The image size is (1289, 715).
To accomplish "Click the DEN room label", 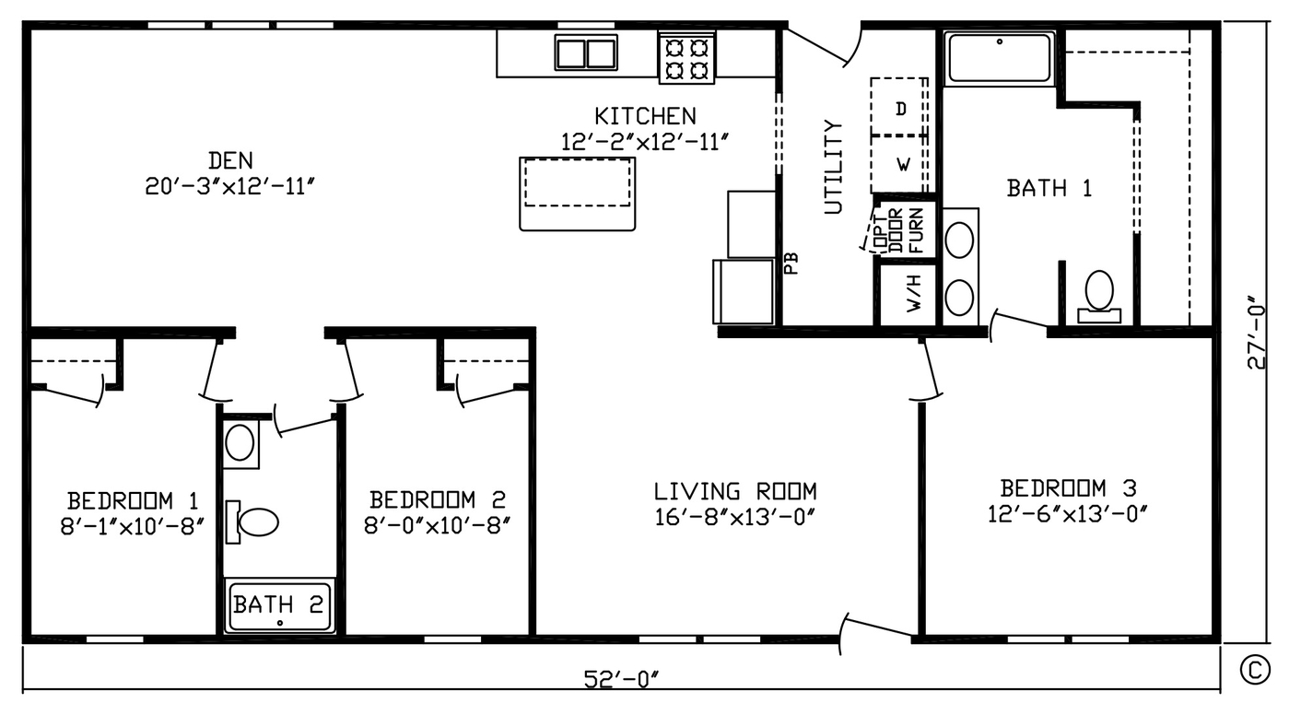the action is tap(230, 160).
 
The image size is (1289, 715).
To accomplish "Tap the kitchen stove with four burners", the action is tap(686, 58).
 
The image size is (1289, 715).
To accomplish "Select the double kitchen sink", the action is tap(586, 53).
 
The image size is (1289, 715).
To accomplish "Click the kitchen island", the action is tap(577, 194).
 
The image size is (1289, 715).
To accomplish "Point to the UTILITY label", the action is tap(833, 167).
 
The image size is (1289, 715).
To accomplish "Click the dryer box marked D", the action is tap(899, 107).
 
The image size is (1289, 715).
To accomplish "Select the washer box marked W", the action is tap(899, 165).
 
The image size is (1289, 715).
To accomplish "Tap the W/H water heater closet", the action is tap(908, 295).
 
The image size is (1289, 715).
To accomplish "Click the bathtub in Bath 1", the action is tap(1000, 57).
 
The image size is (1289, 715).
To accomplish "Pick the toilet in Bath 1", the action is tap(1098, 297).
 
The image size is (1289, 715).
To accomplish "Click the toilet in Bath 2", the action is tap(252, 522).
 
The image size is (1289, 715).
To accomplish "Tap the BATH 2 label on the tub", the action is tap(278, 604).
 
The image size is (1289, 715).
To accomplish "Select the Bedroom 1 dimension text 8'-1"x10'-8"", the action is tap(133, 526).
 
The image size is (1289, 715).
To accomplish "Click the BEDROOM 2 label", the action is tap(438, 499).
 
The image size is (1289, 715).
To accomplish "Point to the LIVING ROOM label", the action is tap(735, 491).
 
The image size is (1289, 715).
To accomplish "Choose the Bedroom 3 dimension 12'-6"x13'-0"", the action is tap(1068, 513).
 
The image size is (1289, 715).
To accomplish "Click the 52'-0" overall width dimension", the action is tap(621, 679).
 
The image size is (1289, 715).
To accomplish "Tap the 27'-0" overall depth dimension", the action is tap(1256, 333).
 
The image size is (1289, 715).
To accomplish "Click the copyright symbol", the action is tap(1255, 670).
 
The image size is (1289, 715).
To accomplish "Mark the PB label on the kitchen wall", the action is tap(791, 264).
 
